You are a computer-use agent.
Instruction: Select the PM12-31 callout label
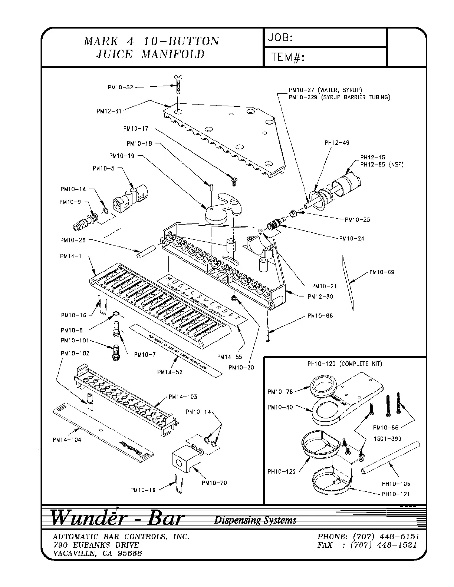[x=109, y=111]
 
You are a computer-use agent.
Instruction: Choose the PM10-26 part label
[x=73, y=240]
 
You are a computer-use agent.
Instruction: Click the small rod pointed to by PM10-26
[x=145, y=251]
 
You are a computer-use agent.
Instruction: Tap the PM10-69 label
[x=382, y=272]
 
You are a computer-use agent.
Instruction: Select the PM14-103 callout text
[x=183, y=397]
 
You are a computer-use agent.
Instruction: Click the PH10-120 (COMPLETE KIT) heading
[x=345, y=364]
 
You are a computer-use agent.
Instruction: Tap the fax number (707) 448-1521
[x=384, y=545]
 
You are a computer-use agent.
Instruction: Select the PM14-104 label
[x=67, y=440]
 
